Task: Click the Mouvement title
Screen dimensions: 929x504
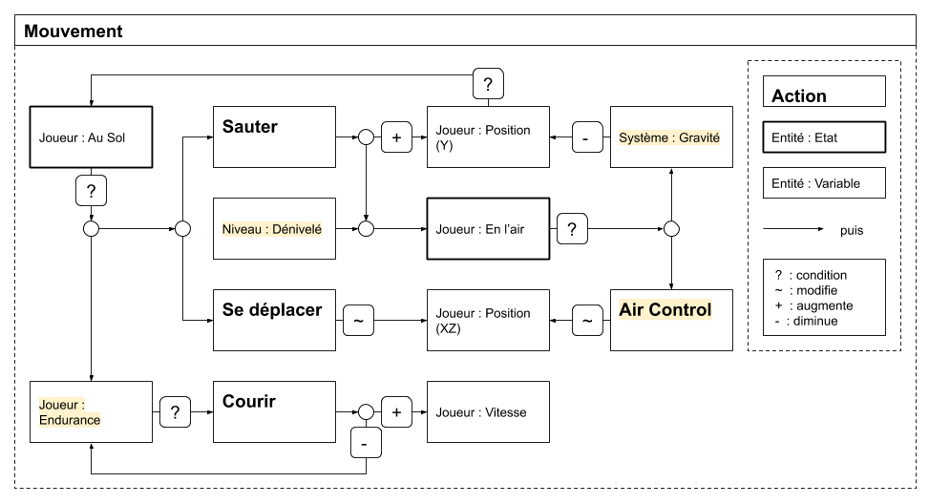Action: (x=73, y=31)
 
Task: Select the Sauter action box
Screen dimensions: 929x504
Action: (x=274, y=136)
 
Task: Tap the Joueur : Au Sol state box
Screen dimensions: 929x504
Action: (x=92, y=136)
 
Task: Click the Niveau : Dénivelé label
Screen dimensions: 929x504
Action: (x=272, y=229)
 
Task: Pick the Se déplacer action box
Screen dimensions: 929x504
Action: (x=274, y=320)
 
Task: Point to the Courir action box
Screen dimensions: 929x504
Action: (x=274, y=411)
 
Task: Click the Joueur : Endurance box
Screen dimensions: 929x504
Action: (x=92, y=411)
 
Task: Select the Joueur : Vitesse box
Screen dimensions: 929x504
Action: (x=488, y=411)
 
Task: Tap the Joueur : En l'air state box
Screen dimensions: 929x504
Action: (x=488, y=228)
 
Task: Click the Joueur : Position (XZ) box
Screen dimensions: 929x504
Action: (x=488, y=320)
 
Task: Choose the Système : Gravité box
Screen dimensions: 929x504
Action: (x=671, y=136)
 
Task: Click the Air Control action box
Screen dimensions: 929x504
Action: (x=671, y=320)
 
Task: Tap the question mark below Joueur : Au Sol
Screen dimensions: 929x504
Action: (x=92, y=191)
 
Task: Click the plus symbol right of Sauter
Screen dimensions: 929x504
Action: (x=396, y=137)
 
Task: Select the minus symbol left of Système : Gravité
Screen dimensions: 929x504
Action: (x=587, y=137)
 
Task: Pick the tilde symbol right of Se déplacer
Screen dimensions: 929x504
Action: (x=358, y=321)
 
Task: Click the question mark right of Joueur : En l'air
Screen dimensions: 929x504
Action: (x=572, y=228)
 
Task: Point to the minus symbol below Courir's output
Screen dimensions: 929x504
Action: (x=366, y=442)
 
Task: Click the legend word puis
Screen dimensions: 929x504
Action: (x=852, y=230)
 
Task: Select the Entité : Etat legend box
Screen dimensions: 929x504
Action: (x=824, y=136)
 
